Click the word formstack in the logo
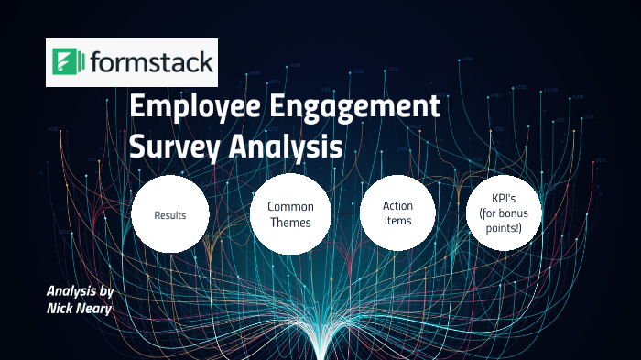(151, 63)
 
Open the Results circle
(170, 215)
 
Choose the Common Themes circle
(289, 214)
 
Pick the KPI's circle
(505, 213)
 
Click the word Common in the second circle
(289, 207)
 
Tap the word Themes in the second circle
(289, 223)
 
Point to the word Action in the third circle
(397, 206)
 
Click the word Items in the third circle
(397, 221)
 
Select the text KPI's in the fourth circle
(505, 198)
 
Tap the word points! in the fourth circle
(505, 227)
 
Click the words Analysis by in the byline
(80, 291)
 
